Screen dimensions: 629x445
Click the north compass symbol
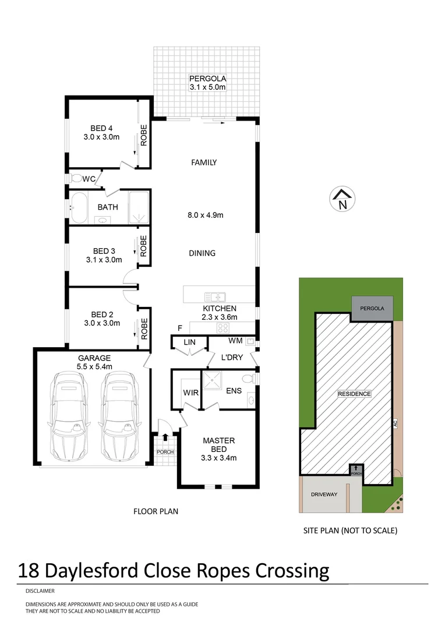click(342, 199)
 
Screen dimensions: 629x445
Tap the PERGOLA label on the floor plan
click(207, 79)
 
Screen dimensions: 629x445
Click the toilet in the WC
click(76, 178)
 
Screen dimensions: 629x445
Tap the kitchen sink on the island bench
click(211, 296)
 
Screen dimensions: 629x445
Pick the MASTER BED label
click(219, 445)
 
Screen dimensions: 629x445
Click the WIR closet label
click(191, 393)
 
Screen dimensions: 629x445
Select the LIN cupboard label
click(190, 342)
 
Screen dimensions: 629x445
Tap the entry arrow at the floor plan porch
click(165, 436)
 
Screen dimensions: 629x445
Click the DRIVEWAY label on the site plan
click(324, 494)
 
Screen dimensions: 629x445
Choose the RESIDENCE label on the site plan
click(354, 394)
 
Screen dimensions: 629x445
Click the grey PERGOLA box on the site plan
click(372, 308)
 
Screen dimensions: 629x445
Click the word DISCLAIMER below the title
click(39, 591)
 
